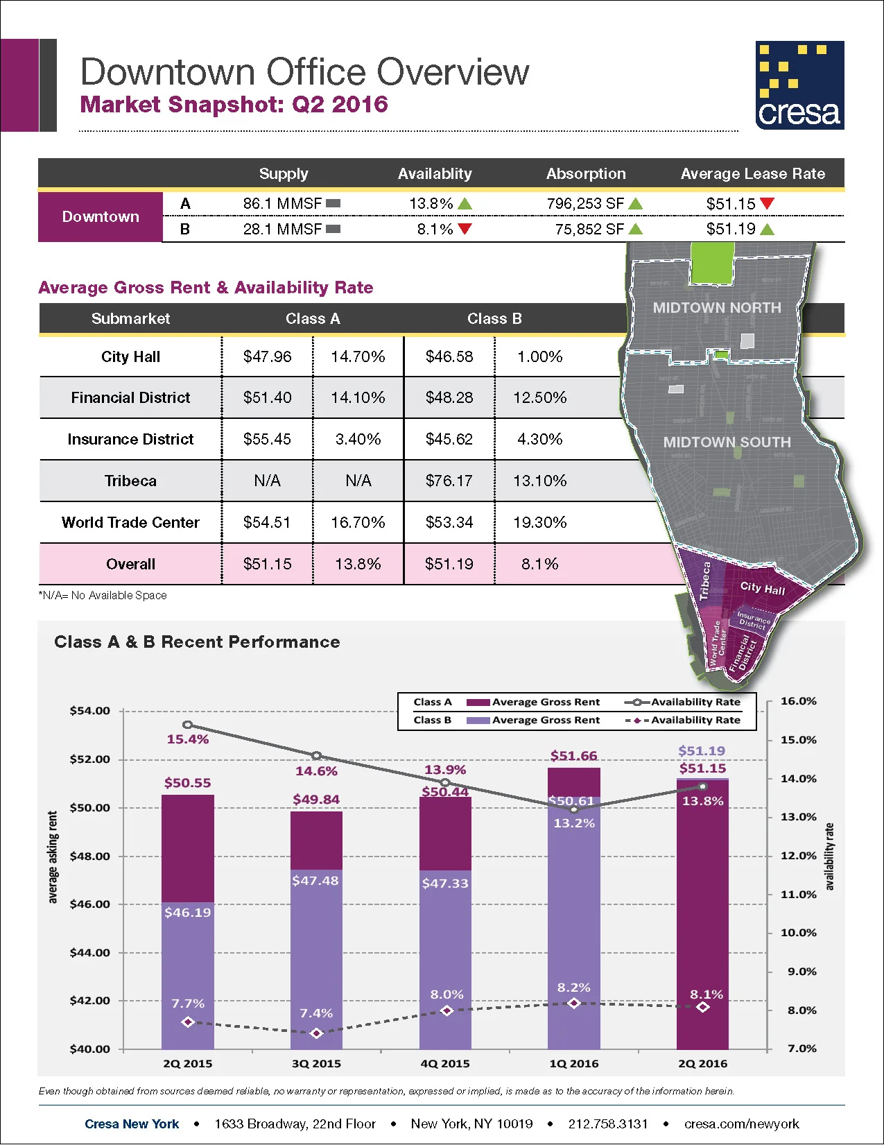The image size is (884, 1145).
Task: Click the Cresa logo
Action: pos(799,85)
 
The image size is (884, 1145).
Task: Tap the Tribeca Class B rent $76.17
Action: pos(449,481)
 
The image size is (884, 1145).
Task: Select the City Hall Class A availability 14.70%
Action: pos(358,356)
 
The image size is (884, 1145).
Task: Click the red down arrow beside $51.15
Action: pos(767,203)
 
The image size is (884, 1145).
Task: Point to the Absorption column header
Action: pos(586,173)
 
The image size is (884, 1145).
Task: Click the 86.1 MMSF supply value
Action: pos(282,204)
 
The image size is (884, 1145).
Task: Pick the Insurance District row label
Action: pos(130,439)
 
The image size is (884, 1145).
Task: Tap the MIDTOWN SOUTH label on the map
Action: pos(727,442)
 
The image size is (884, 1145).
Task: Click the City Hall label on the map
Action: pos(762,588)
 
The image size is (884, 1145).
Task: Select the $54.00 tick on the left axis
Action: pos(90,711)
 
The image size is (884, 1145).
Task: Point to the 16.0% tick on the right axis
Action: pos(799,701)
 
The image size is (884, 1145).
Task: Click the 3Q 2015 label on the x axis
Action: pos(316,1064)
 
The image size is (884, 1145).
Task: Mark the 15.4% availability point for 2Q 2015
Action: pos(187,725)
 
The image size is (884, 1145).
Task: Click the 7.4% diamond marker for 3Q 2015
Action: pos(317,1033)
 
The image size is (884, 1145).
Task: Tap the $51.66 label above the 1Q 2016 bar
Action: pos(573,756)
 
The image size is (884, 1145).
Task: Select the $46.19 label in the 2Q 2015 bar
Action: pos(187,913)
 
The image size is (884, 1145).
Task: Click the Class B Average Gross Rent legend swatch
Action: pos(478,721)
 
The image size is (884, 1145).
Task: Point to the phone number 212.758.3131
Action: pos(607,1124)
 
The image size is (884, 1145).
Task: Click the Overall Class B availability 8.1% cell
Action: pos(539,564)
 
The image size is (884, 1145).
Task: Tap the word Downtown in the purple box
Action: pos(101,216)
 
